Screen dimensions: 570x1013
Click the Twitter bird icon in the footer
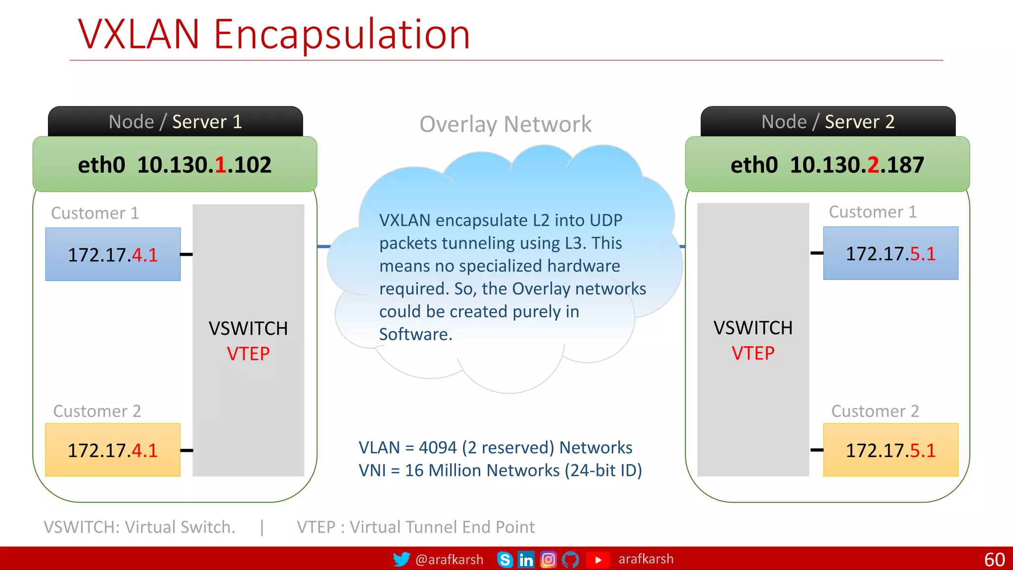[401, 559]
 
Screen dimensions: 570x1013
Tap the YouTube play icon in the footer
[598, 560]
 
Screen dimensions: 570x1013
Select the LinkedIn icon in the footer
[526, 560]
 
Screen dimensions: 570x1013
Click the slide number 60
[994, 560]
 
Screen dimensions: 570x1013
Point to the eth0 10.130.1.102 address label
[175, 165]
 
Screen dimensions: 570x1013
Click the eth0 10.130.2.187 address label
[827, 165]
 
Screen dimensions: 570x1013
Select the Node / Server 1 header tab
[175, 122]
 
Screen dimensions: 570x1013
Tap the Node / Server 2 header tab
[828, 122]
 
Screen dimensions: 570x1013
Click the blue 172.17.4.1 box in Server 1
[113, 254]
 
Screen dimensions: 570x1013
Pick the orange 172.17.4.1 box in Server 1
[113, 450]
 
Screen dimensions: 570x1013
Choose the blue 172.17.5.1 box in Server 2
[890, 253]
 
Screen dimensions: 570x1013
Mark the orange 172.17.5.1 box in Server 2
[890, 450]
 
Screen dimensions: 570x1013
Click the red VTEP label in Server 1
[248, 354]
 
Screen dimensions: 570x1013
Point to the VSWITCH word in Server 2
[753, 328]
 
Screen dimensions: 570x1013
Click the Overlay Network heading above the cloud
[505, 124]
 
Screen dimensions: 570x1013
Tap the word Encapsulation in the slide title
[341, 35]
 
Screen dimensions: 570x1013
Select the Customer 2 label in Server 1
[97, 411]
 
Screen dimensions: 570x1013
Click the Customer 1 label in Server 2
[873, 212]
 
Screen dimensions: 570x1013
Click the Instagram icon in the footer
[548, 560]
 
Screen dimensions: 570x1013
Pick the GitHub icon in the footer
[570, 560]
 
